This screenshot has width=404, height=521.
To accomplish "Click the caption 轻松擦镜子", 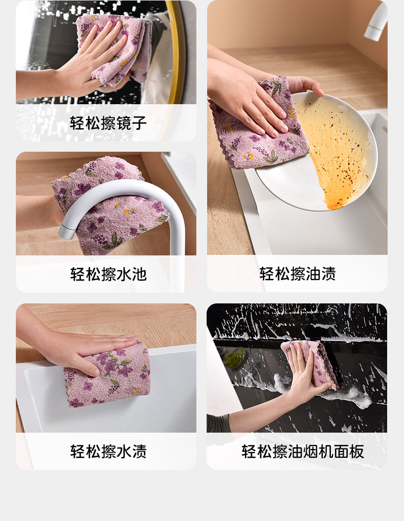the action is click(108, 123).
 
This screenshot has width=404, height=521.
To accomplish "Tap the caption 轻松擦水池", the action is click(108, 274).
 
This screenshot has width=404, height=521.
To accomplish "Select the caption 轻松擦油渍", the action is click(298, 274).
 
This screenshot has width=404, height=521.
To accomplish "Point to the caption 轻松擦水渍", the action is click(108, 451).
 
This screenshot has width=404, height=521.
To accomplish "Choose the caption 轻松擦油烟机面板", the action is click(303, 451).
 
